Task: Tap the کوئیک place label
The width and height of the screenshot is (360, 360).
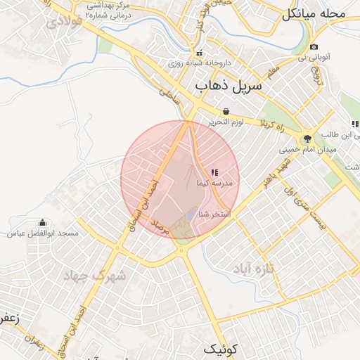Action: [222, 348]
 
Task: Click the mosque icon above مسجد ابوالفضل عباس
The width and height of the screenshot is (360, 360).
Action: [43, 222]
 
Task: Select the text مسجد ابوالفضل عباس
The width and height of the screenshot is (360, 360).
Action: [43, 233]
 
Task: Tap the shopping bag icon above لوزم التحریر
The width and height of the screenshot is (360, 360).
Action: [226, 111]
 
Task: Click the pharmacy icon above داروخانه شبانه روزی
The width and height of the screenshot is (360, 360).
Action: [199, 53]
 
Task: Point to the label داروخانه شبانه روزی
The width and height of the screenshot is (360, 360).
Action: [195, 63]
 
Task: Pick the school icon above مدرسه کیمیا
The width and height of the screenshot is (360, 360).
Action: [214, 172]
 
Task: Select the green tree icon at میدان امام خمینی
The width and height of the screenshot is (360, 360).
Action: [307, 139]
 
